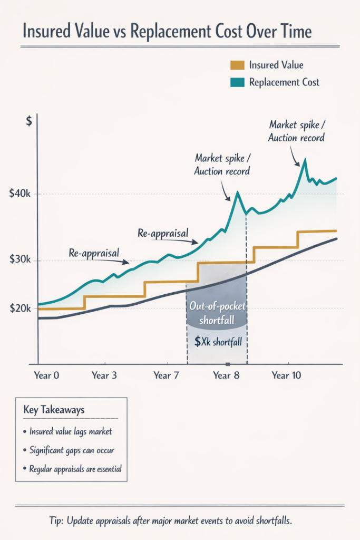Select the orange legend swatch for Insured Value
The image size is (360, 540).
point(237,65)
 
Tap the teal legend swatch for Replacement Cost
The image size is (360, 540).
point(237,82)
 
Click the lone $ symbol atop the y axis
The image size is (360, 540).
point(29,121)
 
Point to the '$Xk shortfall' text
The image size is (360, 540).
point(218,342)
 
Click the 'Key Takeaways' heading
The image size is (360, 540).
point(54,410)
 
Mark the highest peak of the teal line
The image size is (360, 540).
point(305,159)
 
